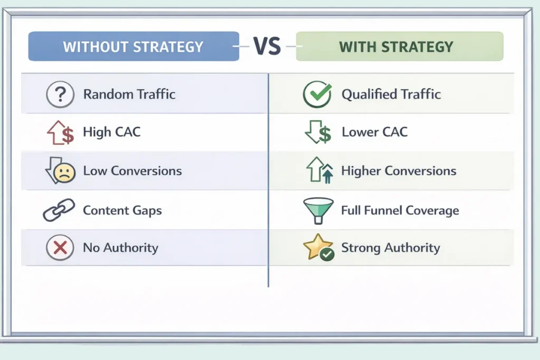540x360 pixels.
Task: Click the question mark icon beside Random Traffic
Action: (60, 94)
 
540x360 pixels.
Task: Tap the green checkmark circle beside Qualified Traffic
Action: (317, 94)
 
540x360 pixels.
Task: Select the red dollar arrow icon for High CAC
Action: (61, 132)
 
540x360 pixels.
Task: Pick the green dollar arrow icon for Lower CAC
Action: (318, 132)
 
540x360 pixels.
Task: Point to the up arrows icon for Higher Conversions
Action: (320, 170)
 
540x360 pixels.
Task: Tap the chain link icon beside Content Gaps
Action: (59, 210)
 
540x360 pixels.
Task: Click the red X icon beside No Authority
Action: (60, 247)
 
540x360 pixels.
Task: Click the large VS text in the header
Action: (267, 46)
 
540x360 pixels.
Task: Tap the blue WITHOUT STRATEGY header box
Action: (133, 46)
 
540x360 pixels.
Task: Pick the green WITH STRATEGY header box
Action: (400, 46)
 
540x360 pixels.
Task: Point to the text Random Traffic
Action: (130, 94)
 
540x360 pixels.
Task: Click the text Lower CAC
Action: (375, 132)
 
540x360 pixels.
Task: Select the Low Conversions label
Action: (132, 171)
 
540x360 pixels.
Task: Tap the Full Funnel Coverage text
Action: (400, 210)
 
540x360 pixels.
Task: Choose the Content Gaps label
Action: (122, 210)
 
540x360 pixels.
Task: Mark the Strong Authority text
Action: (391, 248)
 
